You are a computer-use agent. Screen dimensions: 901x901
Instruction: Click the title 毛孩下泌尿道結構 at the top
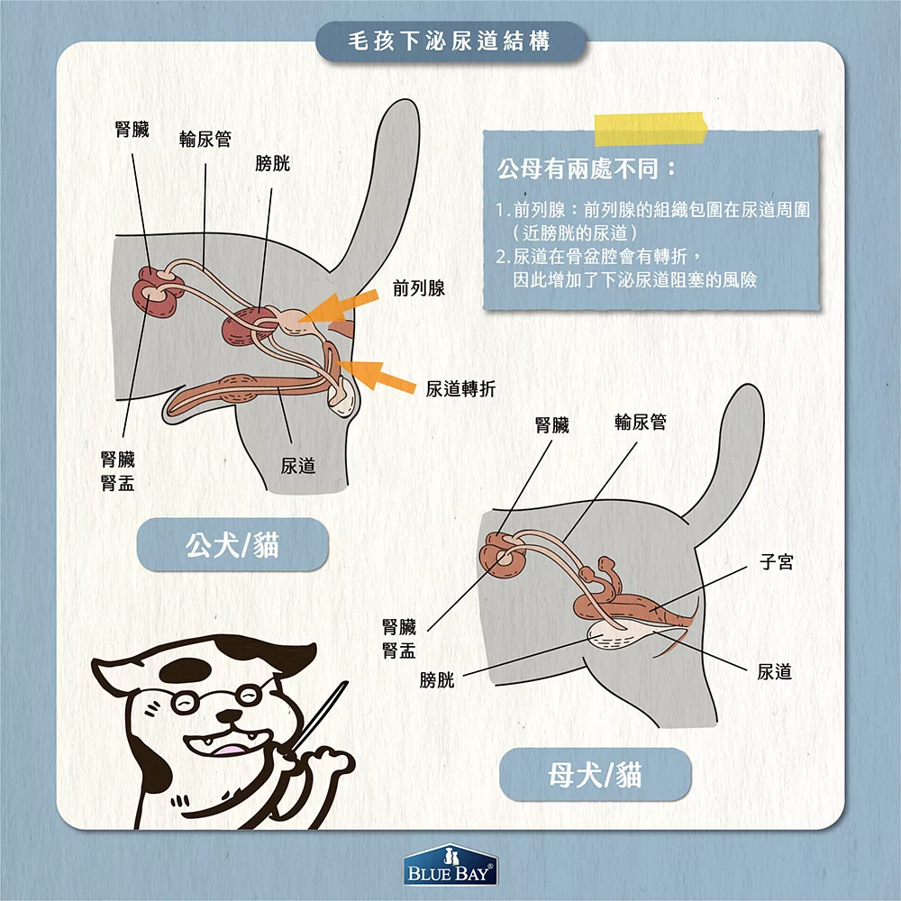click(x=450, y=41)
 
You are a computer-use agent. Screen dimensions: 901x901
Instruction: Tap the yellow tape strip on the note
click(x=651, y=128)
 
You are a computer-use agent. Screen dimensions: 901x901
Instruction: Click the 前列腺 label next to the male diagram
click(x=419, y=288)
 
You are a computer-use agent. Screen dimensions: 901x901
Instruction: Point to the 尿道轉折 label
click(x=460, y=388)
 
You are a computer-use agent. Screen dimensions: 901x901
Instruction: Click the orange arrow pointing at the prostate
click(x=338, y=307)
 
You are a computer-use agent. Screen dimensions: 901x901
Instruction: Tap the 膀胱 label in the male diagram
click(x=273, y=164)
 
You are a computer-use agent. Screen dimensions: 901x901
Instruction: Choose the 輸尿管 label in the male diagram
click(x=205, y=139)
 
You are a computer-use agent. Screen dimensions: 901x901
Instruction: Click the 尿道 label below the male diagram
click(x=297, y=466)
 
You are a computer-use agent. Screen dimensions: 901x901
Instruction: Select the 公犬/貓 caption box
click(x=232, y=545)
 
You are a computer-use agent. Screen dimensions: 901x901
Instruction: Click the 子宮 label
click(x=776, y=563)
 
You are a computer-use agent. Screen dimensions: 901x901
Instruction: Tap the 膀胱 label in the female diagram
click(x=437, y=680)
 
